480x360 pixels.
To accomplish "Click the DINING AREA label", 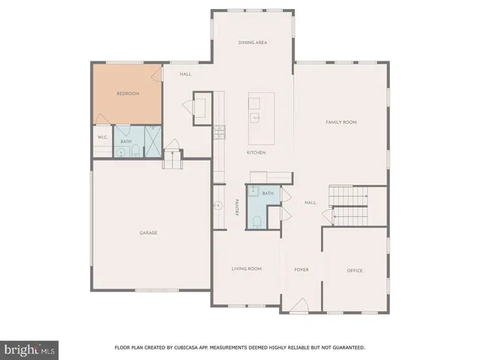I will click(x=252, y=43).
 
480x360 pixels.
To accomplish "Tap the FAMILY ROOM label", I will click(x=340, y=121).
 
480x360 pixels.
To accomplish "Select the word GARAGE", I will click(x=148, y=232).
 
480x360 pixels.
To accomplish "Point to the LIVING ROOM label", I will click(x=246, y=268).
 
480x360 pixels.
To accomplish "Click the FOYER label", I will click(x=301, y=269).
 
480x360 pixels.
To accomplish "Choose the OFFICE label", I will click(x=355, y=269).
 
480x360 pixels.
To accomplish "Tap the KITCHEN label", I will click(x=256, y=152).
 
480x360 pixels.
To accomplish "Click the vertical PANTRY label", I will click(x=237, y=207).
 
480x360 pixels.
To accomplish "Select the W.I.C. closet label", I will click(x=102, y=137).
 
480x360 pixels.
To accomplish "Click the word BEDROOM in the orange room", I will click(x=127, y=93).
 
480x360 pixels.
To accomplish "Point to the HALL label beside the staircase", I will click(x=309, y=202).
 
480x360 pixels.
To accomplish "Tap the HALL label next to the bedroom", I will click(x=186, y=74).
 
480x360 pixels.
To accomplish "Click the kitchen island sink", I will click(x=256, y=117).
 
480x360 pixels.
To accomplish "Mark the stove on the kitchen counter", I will click(x=219, y=133).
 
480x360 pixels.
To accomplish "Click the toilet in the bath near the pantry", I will click(x=256, y=220).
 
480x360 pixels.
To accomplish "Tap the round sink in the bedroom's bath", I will click(x=121, y=152).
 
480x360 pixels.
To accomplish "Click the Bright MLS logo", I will click(x=30, y=349).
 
